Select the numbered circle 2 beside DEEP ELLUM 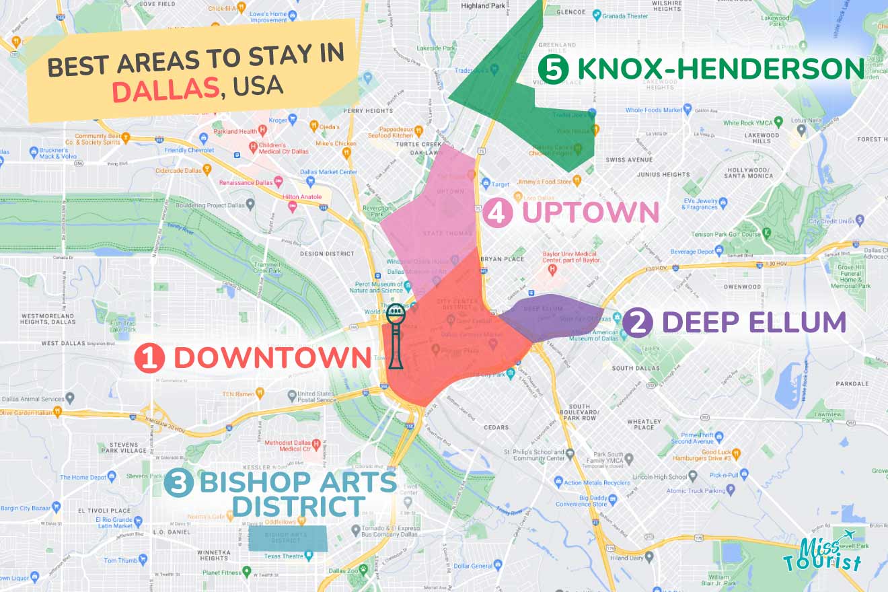pos(637,323)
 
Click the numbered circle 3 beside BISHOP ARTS pos(179,483)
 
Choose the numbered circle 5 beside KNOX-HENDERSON pos(554,69)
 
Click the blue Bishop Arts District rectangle pos(287,538)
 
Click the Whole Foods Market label pos(654,110)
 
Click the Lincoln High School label pos(658,477)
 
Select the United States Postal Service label pos(316,396)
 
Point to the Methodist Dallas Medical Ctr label pos(289,445)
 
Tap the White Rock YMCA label pos(749,123)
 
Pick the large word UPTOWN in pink pos(589,213)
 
